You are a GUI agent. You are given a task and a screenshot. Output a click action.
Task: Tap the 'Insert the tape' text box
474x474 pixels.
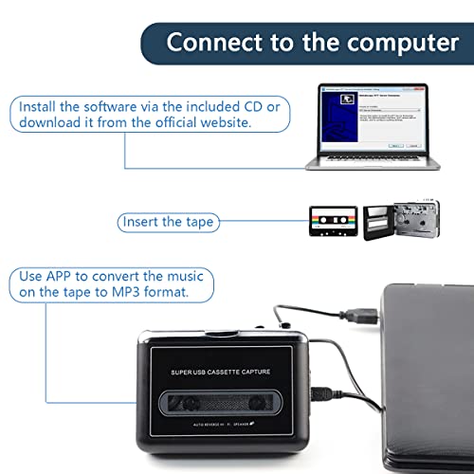[169, 223]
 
